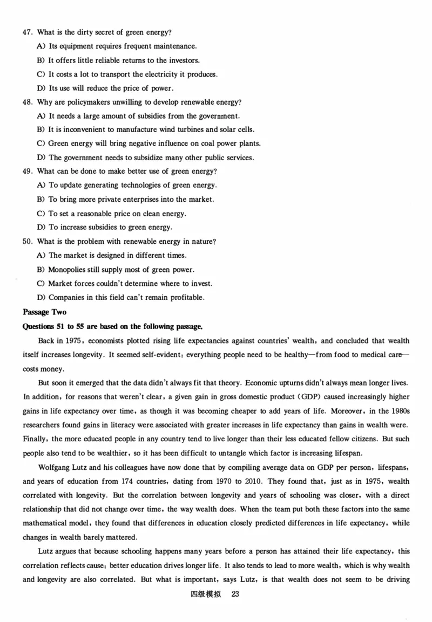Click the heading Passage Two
[x=44, y=312]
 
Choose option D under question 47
[x=41, y=88]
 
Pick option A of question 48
[x=41, y=116]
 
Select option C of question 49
[x=41, y=214]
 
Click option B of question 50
[x=41, y=269]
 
